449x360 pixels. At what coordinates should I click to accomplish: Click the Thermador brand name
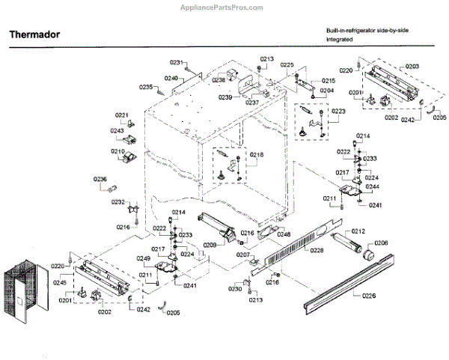pyautogui.click(x=34, y=34)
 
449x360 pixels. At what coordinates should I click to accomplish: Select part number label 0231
pyautogui.click(x=176, y=62)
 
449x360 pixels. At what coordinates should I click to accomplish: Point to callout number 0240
pyautogui.click(x=171, y=78)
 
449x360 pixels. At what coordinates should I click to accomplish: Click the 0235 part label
pyautogui.click(x=147, y=87)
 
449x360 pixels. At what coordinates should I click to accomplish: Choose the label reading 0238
pyautogui.click(x=219, y=79)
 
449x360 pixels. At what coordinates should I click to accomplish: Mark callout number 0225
pyautogui.click(x=287, y=65)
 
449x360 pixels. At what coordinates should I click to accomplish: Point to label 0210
pyautogui.click(x=118, y=151)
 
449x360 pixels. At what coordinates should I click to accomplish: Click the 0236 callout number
pyautogui.click(x=100, y=179)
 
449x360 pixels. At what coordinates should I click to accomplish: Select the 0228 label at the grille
pyautogui.click(x=316, y=250)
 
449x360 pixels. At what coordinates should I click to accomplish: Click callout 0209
pyautogui.click(x=210, y=245)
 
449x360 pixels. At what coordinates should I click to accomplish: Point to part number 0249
pyautogui.click(x=144, y=258)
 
